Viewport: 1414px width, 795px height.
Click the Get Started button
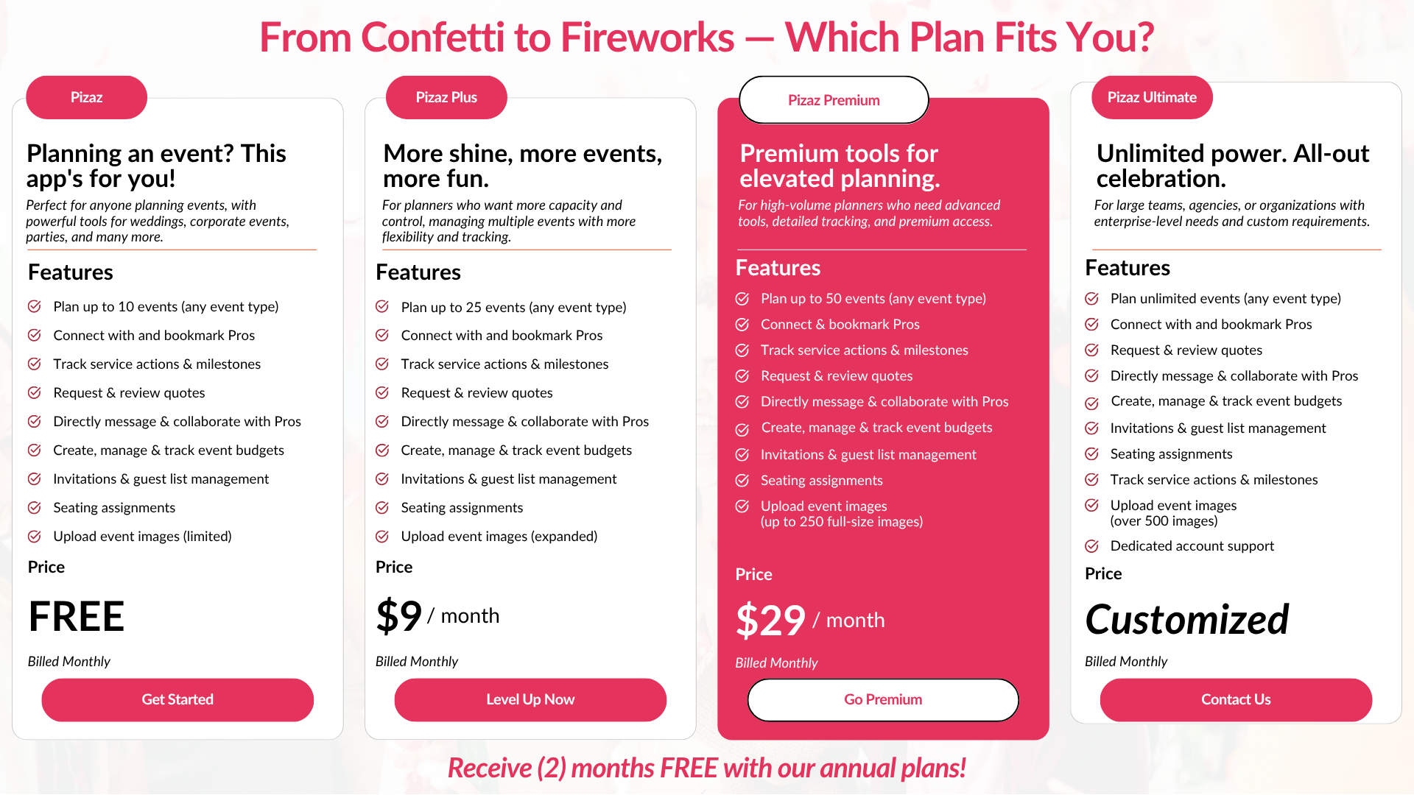(x=177, y=699)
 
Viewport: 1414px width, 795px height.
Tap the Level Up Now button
(x=530, y=699)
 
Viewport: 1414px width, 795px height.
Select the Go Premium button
(x=883, y=699)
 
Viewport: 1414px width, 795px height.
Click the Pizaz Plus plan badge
(x=446, y=97)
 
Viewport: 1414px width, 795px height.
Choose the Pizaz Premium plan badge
(x=834, y=100)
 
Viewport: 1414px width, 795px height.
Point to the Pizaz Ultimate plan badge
(x=1152, y=97)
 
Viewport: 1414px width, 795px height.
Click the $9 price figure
(x=398, y=615)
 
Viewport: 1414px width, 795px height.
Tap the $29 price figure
(x=770, y=620)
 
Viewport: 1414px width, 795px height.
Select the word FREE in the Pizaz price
(x=77, y=617)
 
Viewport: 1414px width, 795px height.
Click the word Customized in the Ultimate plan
(x=1187, y=619)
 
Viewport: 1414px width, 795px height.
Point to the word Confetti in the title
(x=455, y=37)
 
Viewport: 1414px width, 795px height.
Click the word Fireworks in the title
(x=647, y=37)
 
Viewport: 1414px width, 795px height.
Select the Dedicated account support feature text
(x=1192, y=546)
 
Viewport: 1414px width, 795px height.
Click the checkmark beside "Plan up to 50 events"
(x=742, y=299)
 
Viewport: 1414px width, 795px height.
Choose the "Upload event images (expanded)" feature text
(x=499, y=537)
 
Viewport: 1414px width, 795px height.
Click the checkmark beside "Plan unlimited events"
(x=1092, y=299)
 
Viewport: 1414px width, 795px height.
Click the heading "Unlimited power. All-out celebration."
(x=1233, y=166)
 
